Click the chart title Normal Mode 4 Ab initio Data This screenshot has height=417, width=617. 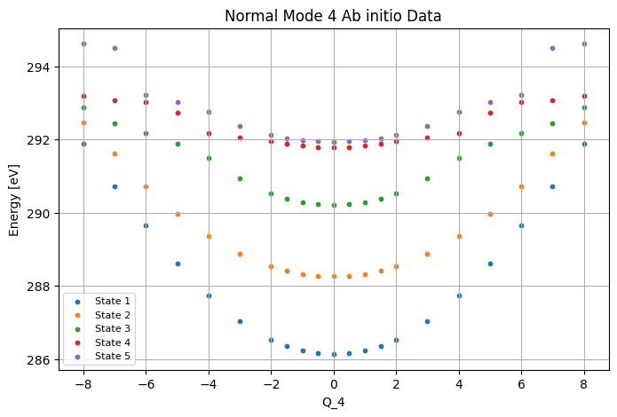pyautogui.click(x=333, y=16)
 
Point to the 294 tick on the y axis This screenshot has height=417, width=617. pyautogui.click(x=38, y=67)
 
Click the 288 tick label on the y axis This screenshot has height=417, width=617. pyautogui.click(x=38, y=287)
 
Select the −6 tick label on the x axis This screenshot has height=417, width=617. pyautogui.click(x=146, y=384)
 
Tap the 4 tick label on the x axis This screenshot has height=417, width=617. pyautogui.click(x=459, y=384)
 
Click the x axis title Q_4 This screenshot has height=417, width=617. pyautogui.click(x=334, y=403)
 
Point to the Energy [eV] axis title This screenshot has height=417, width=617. pyautogui.click(x=14, y=201)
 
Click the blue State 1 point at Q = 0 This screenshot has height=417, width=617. pyautogui.click(x=334, y=355)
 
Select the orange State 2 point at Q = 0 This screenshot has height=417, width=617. pyautogui.click(x=334, y=277)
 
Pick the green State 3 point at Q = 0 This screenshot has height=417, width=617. pyautogui.click(x=334, y=205)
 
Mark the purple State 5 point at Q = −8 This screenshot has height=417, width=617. pyautogui.click(x=83, y=44)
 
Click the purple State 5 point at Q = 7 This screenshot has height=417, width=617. pyautogui.click(x=552, y=49)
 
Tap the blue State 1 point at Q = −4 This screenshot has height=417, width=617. pyautogui.click(x=209, y=295)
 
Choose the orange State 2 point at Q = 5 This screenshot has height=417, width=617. pyautogui.click(x=490, y=215)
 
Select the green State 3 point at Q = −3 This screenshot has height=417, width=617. pyautogui.click(x=240, y=179)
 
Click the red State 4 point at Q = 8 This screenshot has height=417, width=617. pyautogui.click(x=584, y=97)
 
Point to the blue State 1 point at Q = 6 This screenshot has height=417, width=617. pyautogui.click(x=521, y=226)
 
